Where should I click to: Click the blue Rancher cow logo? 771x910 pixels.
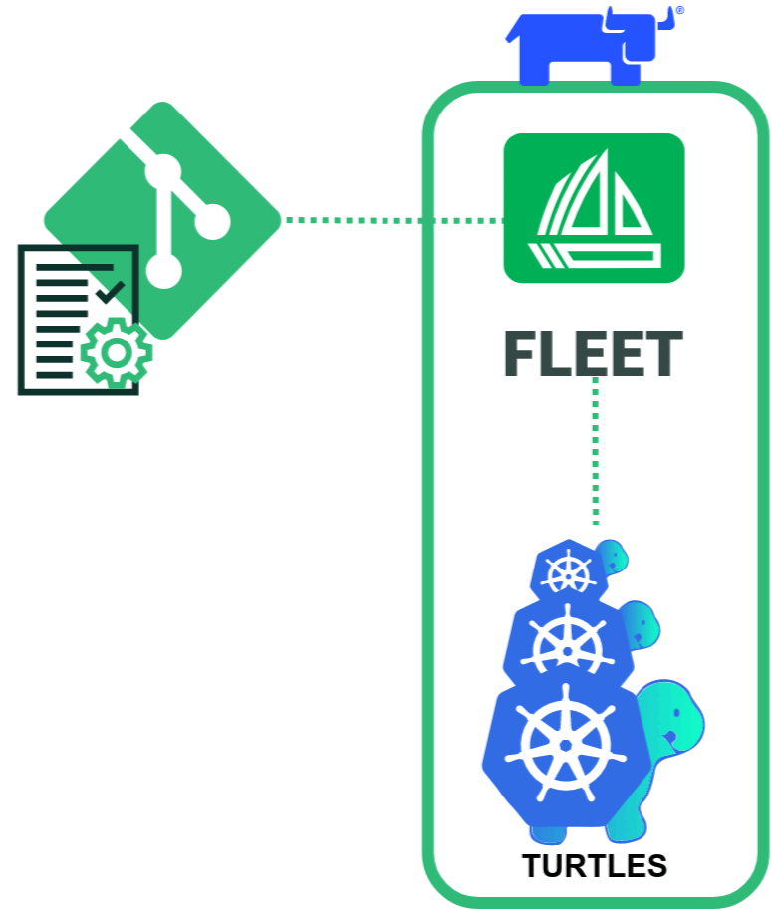[588, 50]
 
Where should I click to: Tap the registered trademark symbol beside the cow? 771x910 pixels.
[680, 11]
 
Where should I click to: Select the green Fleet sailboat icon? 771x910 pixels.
[594, 207]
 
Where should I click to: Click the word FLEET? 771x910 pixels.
[594, 354]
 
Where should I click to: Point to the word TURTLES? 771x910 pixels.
[595, 866]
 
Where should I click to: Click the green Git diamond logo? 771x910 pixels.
[162, 219]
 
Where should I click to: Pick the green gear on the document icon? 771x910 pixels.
[117, 352]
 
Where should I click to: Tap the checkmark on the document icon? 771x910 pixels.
[110, 292]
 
